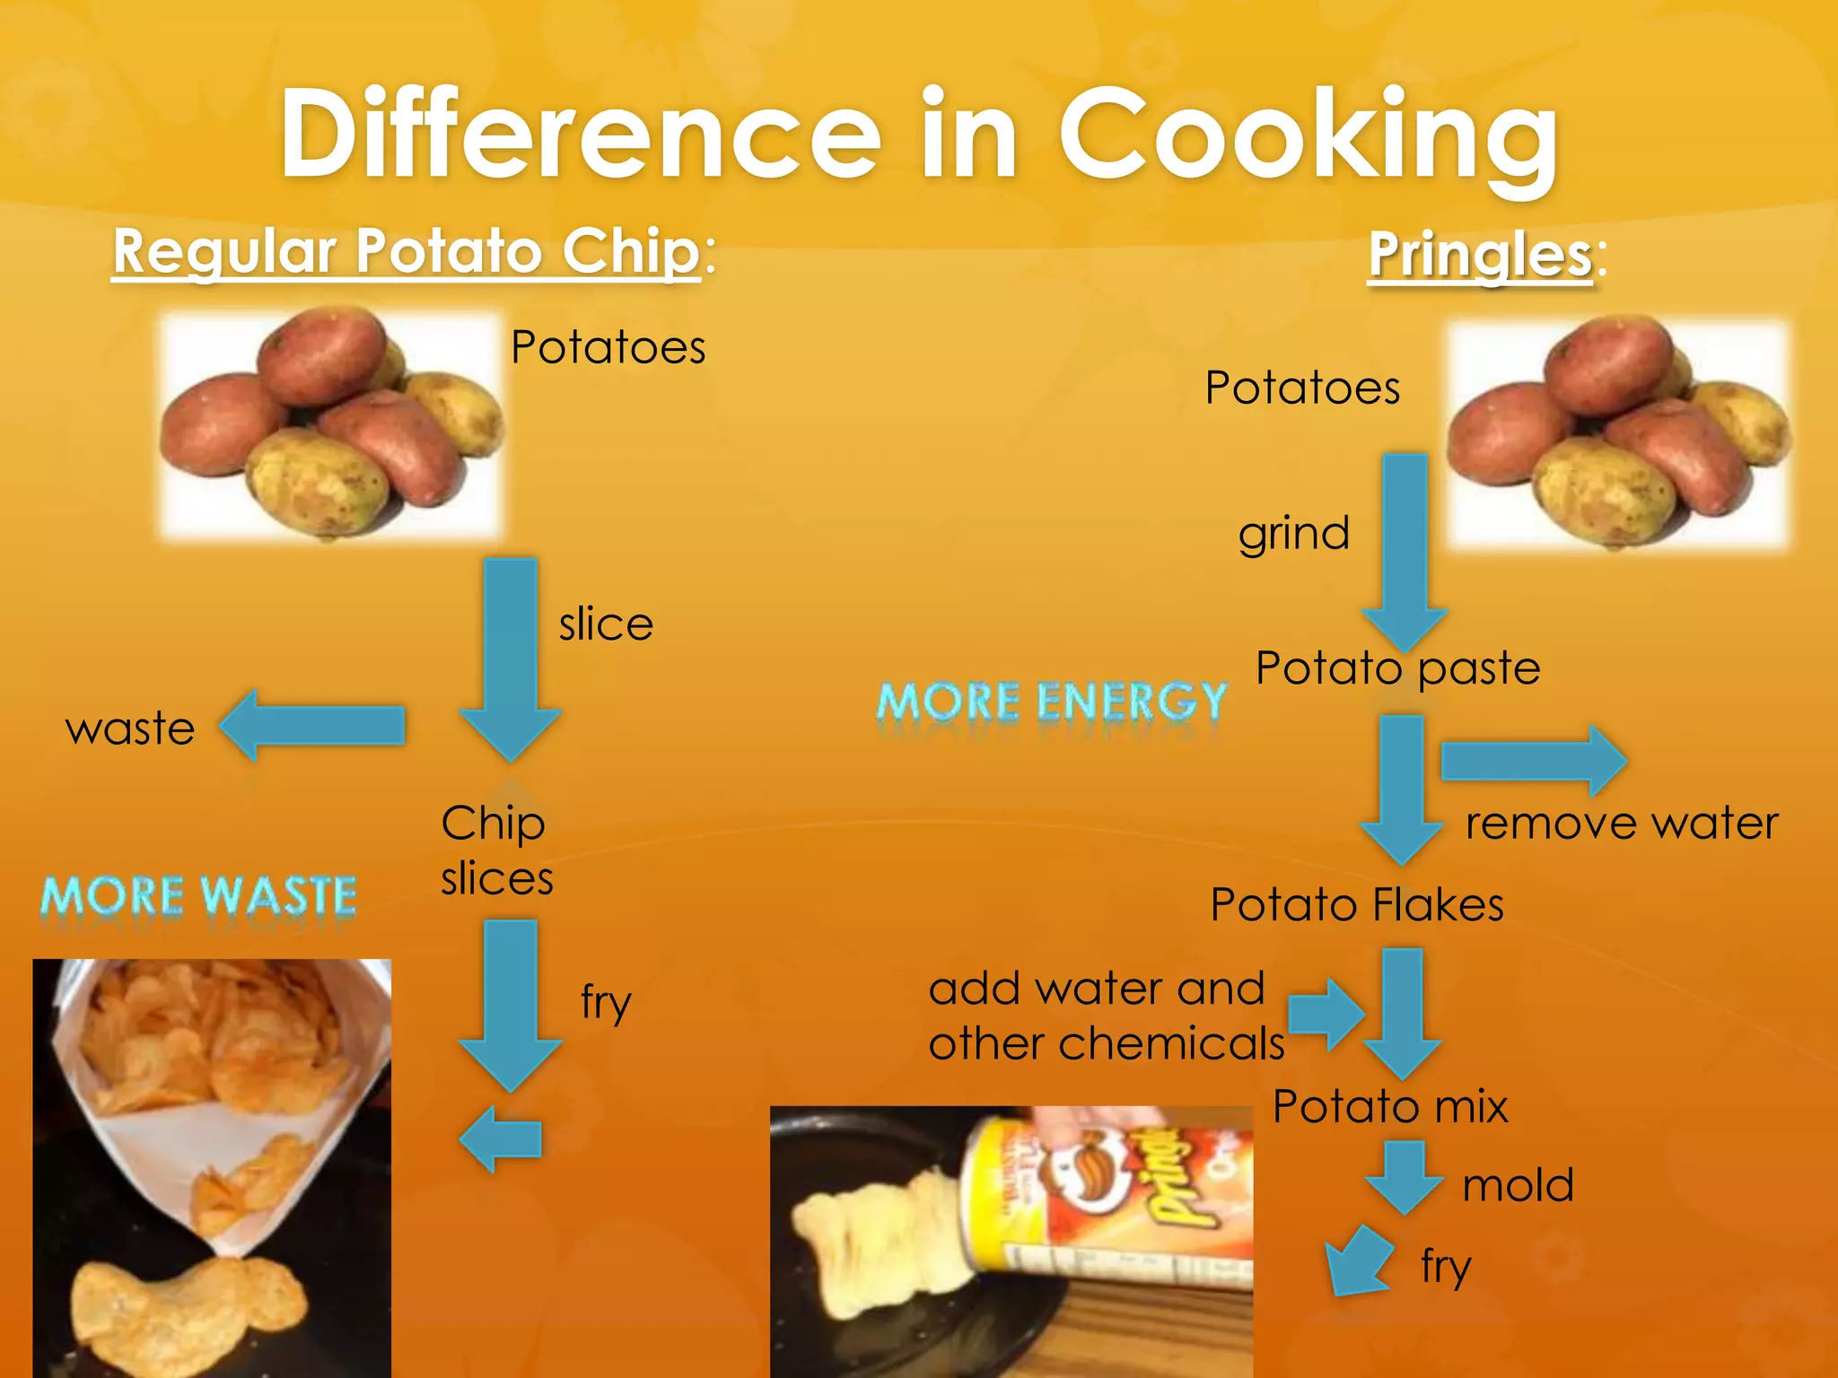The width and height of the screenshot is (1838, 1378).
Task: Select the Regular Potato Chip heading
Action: [x=406, y=251]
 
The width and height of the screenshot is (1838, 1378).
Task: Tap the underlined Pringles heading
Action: [x=1480, y=255]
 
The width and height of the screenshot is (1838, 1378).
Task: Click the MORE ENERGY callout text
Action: [x=1051, y=702]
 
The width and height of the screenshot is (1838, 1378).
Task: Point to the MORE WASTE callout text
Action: [x=198, y=896]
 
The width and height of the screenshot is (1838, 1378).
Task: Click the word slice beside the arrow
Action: [x=606, y=624]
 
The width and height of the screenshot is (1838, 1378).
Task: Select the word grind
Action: [x=1293, y=534]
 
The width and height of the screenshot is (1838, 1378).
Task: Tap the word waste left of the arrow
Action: [x=130, y=728]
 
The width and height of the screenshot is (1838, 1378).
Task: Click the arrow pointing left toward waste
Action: [x=313, y=725]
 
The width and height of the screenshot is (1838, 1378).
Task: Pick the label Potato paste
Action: [x=1397, y=668]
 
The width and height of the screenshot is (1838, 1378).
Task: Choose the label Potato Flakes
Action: [x=1356, y=904]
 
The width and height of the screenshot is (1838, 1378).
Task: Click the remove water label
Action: [x=1621, y=824]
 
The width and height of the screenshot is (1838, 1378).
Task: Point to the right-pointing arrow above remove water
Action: [x=1534, y=761]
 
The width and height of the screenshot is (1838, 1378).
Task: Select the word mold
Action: [x=1518, y=1185]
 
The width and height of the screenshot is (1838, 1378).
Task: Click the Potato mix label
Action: [x=1389, y=1106]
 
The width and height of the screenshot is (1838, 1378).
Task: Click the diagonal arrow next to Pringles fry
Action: [x=1357, y=1261]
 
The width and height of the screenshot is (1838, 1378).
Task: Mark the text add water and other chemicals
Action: [x=1106, y=1016]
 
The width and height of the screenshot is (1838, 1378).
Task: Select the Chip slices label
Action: [x=495, y=850]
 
